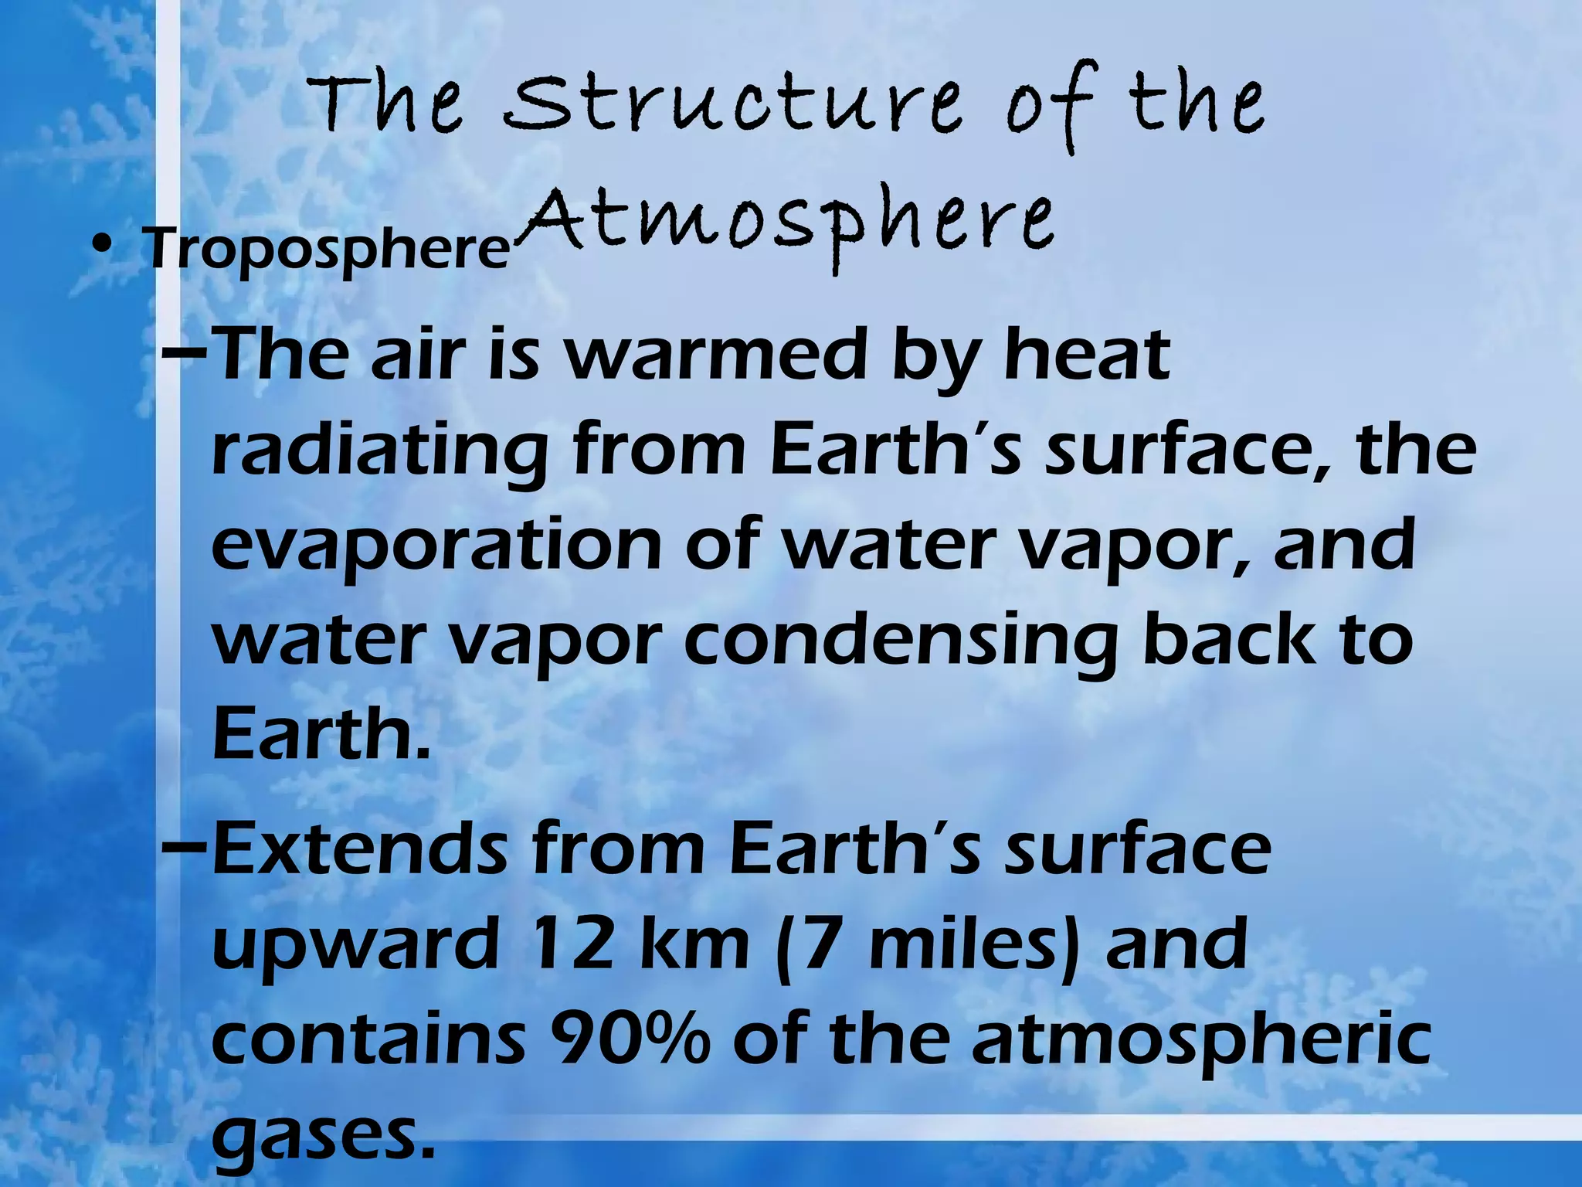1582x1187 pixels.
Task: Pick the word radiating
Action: pos(379,452)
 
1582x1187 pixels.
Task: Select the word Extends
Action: pos(360,850)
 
